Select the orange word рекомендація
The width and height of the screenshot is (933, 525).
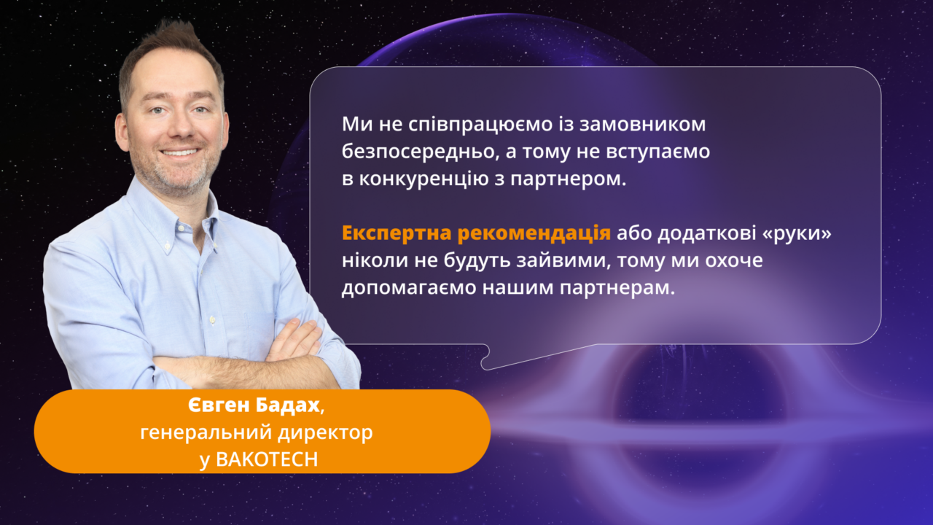coord(534,234)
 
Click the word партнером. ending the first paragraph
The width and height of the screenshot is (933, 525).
coord(569,179)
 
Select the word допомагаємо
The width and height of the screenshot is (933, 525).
coord(409,288)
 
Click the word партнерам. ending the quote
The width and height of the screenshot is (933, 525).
coord(617,288)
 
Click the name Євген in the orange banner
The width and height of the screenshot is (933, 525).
coord(219,405)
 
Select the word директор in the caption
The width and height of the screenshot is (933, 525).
coord(325,432)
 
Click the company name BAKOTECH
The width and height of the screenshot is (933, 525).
coord(267,459)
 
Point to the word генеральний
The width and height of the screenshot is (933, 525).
coord(206,433)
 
